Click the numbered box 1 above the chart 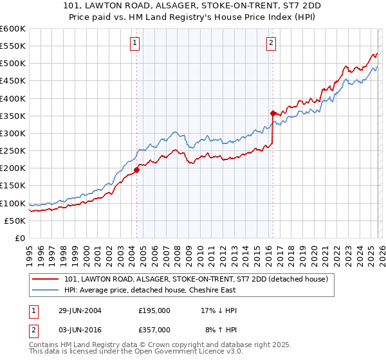135,43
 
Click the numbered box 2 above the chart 271,43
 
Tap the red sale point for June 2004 137,170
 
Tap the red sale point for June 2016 273,113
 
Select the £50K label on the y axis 15,221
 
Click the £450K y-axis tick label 12,81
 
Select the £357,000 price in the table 154,329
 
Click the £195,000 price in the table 154,310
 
